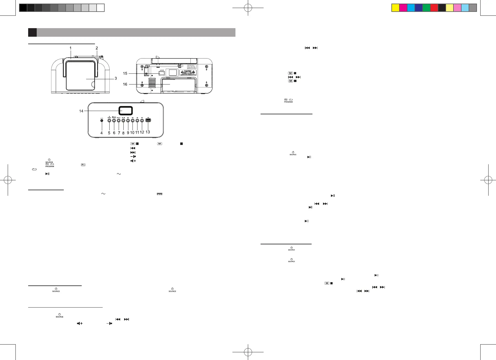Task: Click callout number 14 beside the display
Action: point(81,111)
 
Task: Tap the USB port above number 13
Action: point(148,120)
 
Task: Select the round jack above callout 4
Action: point(102,120)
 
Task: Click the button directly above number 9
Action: point(128,120)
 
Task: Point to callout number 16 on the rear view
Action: point(125,84)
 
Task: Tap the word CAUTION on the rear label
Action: point(188,71)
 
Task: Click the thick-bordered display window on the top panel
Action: point(126,111)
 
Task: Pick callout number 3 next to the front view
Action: point(116,78)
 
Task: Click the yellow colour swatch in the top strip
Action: point(396,8)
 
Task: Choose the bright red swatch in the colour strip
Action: point(434,8)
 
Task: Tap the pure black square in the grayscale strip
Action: point(23,8)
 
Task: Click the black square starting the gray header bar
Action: point(32,32)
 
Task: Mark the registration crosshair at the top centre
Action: point(248,8)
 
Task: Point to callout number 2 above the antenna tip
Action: point(97,48)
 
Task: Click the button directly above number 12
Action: point(142,120)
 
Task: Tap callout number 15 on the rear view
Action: point(125,73)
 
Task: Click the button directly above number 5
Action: point(109,120)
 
